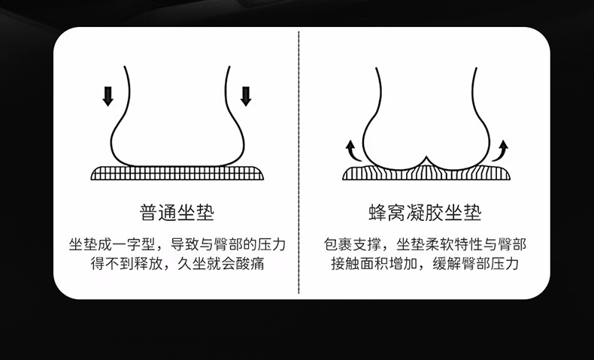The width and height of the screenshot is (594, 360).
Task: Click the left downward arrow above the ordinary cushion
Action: coord(108,96)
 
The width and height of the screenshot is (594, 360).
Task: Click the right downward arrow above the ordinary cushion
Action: coord(246,96)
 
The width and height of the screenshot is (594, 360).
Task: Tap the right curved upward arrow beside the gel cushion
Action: coord(501,151)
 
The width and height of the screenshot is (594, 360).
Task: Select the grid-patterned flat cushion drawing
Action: coord(177,173)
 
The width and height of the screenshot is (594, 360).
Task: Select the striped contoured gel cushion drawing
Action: coord(426,172)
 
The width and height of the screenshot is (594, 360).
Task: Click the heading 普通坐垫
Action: coord(177,213)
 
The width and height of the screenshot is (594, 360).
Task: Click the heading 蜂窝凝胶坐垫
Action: coord(425,213)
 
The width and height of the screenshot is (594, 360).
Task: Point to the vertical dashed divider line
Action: coord(299,162)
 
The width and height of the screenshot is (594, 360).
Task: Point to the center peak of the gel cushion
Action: coord(426,157)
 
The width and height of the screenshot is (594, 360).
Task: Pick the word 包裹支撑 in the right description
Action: coord(353,244)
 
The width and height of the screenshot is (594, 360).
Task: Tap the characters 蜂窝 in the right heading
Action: coord(387,213)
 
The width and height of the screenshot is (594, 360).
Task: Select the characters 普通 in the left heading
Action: coord(159,213)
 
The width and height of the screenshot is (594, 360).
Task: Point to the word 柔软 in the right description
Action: coord(439,244)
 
